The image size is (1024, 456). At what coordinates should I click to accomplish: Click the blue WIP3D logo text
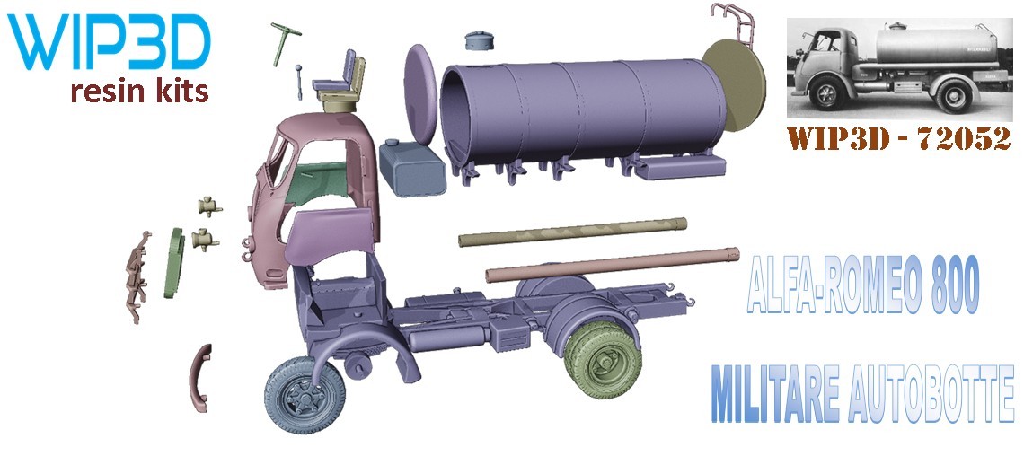[109, 42]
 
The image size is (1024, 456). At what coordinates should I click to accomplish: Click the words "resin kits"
[140, 92]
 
